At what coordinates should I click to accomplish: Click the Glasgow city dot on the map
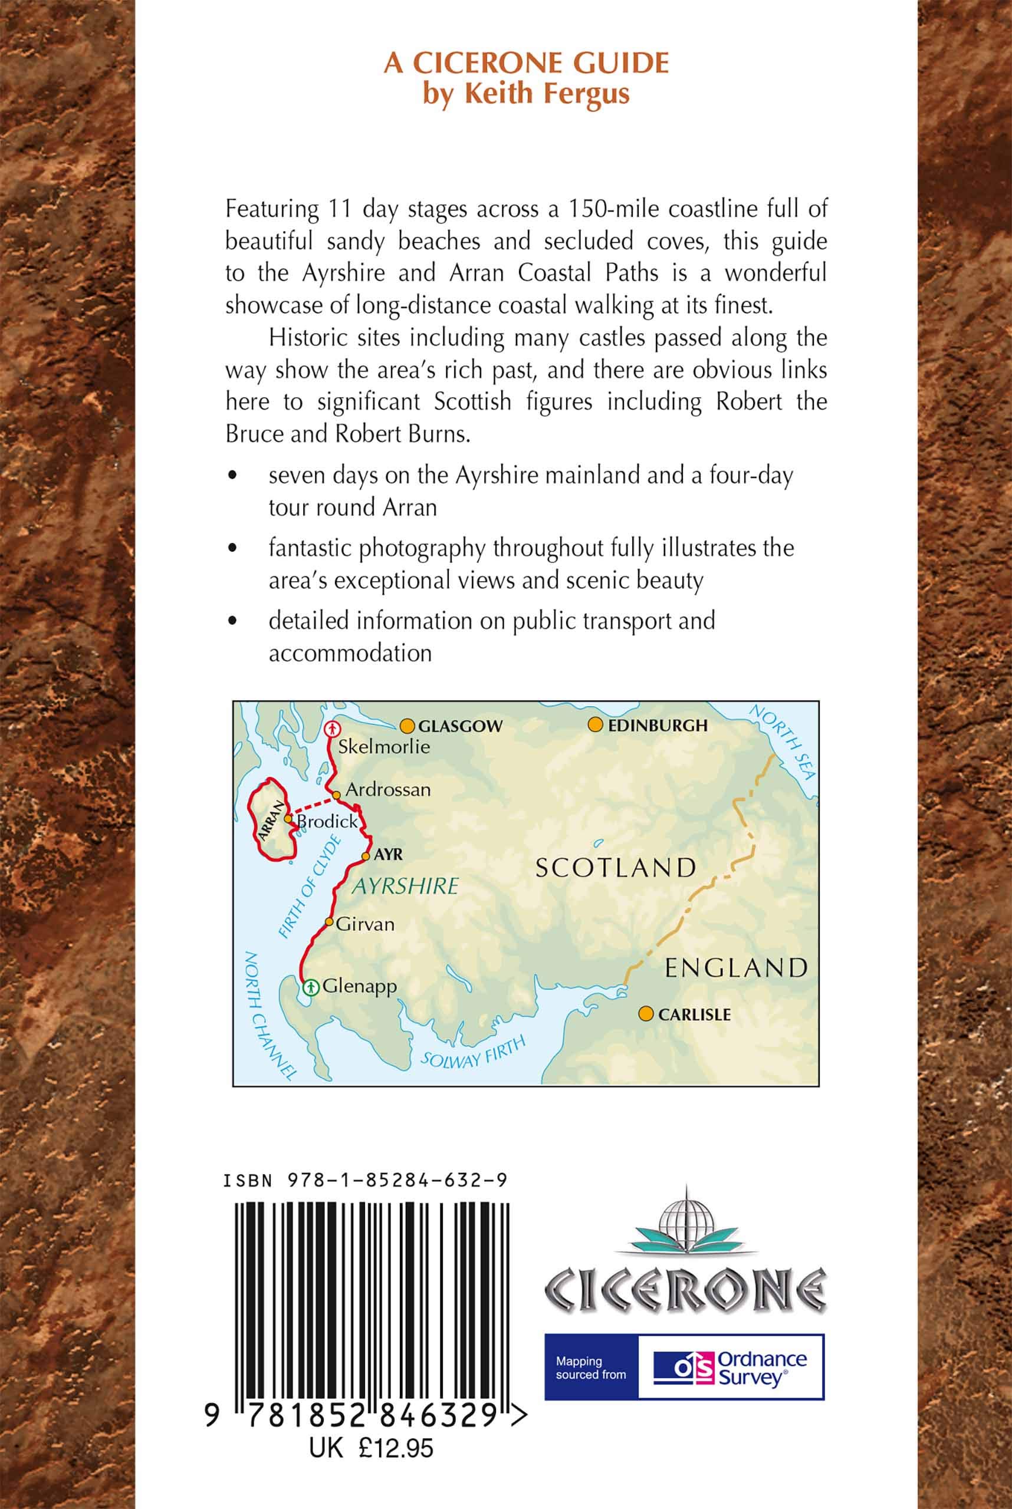coord(406,726)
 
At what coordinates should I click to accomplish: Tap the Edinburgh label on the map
coord(657,726)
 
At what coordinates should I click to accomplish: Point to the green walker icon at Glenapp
coord(311,986)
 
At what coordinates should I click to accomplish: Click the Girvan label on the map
coord(364,924)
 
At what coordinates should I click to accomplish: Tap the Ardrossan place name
coord(388,790)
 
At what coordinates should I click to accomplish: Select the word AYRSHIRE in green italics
coord(405,886)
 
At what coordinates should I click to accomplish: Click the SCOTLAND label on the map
coord(616,868)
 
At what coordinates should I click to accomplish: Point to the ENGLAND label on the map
coord(737,968)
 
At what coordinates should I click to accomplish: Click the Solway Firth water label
coord(474,1052)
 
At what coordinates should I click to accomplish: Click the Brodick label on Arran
coord(327,821)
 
